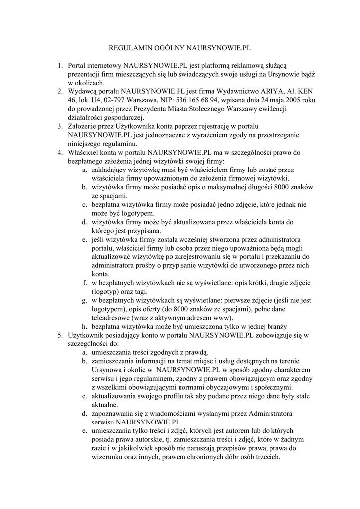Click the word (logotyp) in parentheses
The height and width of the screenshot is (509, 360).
(107, 292)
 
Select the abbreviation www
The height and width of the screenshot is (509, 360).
(223, 318)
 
